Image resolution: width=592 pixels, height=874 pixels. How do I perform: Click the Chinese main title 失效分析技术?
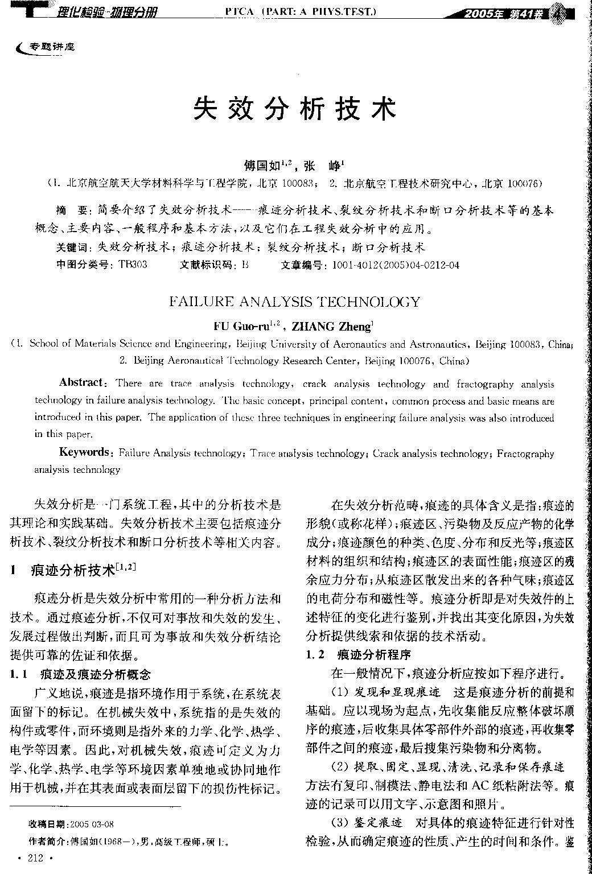pyautogui.click(x=295, y=108)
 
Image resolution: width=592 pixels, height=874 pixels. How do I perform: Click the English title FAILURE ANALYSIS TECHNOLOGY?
pyautogui.click(x=295, y=302)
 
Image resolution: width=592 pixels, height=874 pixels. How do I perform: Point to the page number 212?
pyautogui.click(x=35, y=859)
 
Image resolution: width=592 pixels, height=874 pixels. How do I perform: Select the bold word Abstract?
pyautogui.click(x=81, y=382)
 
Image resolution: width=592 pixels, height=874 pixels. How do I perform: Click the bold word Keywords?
pyautogui.click(x=85, y=452)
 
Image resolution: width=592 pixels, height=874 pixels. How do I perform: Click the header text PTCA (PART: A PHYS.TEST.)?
pyautogui.click(x=292, y=11)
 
